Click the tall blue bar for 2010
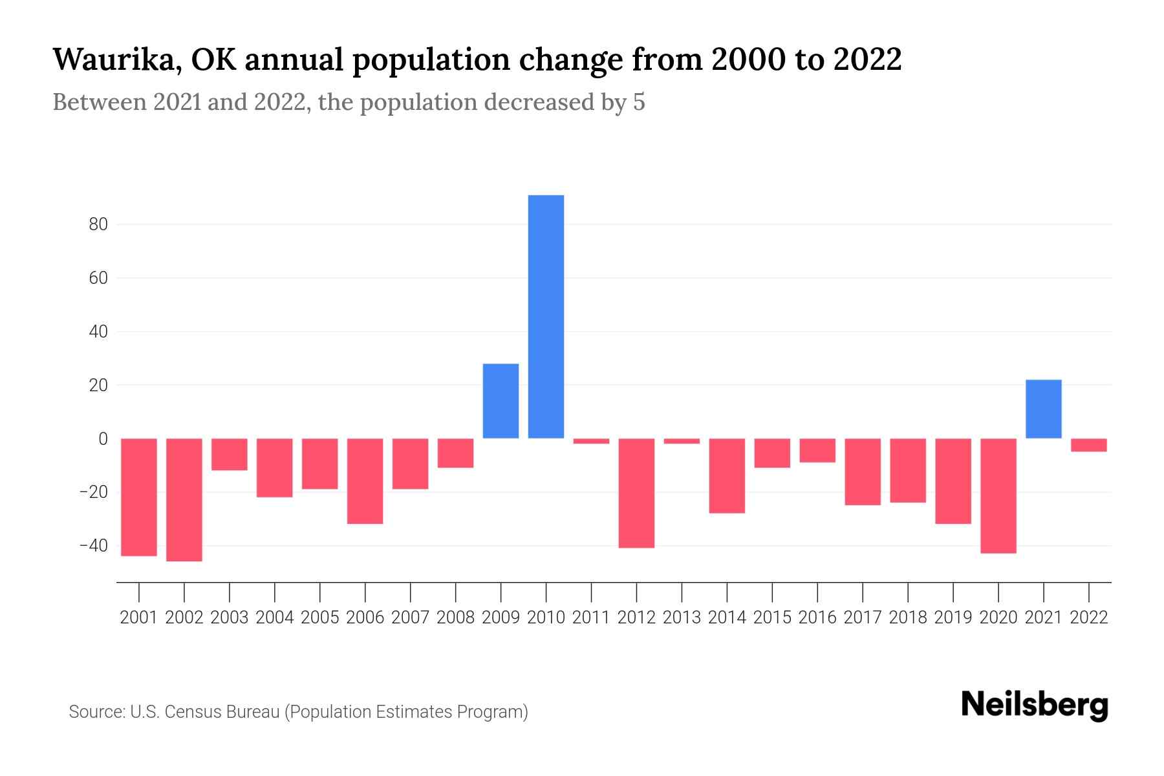point(546,317)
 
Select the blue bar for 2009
point(501,401)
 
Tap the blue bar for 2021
point(1043,409)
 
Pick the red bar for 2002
point(184,499)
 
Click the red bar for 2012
point(636,493)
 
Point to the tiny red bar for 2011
point(591,441)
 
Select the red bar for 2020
point(998,495)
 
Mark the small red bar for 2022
point(1088,445)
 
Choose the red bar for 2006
point(365,480)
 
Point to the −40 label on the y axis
point(93,545)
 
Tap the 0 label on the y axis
point(103,438)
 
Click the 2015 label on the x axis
point(772,618)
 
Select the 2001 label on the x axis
point(139,618)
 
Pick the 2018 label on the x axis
point(907,618)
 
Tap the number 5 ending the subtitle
point(639,103)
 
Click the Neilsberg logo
point(1035,705)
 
